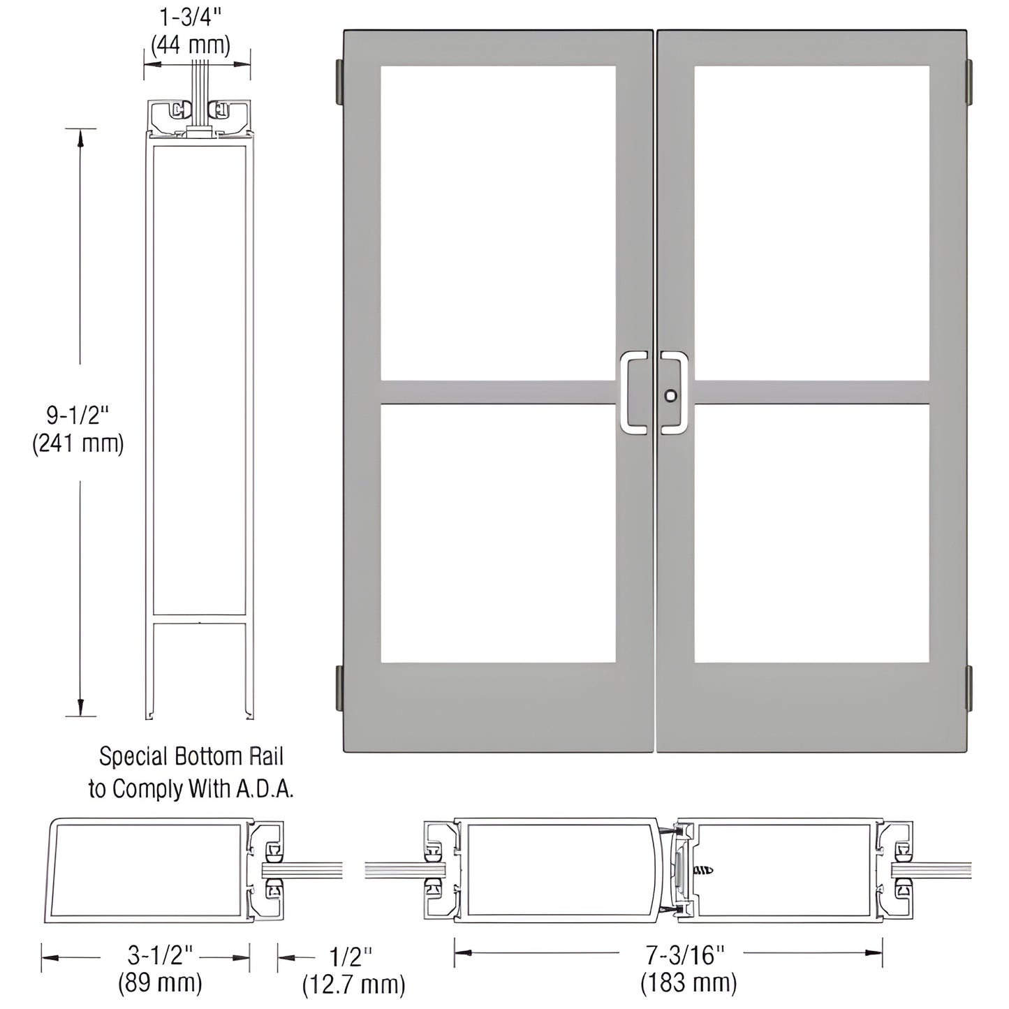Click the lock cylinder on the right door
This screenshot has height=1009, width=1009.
tap(671, 396)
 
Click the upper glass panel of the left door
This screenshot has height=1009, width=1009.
tap(498, 223)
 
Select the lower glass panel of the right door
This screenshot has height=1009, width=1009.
tap(811, 533)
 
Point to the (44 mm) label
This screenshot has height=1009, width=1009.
tap(190, 45)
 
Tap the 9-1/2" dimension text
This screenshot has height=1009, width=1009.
tap(78, 415)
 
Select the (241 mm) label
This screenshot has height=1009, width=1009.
tap(78, 443)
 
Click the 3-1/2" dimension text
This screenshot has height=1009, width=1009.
tap(160, 954)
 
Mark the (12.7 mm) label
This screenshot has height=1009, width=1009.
tap(353, 985)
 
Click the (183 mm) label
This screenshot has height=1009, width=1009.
tap(688, 983)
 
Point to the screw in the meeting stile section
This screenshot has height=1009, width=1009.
tap(704, 870)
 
